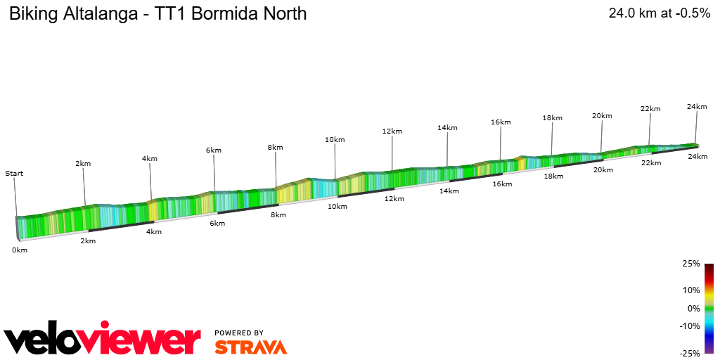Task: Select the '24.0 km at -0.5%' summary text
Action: [x=659, y=13]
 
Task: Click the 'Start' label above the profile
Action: [x=14, y=173]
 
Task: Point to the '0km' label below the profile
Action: [x=20, y=250]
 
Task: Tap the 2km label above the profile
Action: [x=83, y=164]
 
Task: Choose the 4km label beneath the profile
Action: [x=153, y=232]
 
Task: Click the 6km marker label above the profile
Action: [x=214, y=150]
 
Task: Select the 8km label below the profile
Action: [x=278, y=214]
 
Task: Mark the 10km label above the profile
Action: [x=335, y=140]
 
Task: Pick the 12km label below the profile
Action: [x=394, y=198]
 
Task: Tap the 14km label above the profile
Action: [x=447, y=128]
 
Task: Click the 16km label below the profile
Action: [x=502, y=184]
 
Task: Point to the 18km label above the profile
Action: [x=553, y=118]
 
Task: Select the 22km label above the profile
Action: [x=650, y=109]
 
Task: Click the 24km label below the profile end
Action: [x=697, y=157]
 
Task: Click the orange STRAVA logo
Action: [x=250, y=347]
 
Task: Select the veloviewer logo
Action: [x=103, y=341]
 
